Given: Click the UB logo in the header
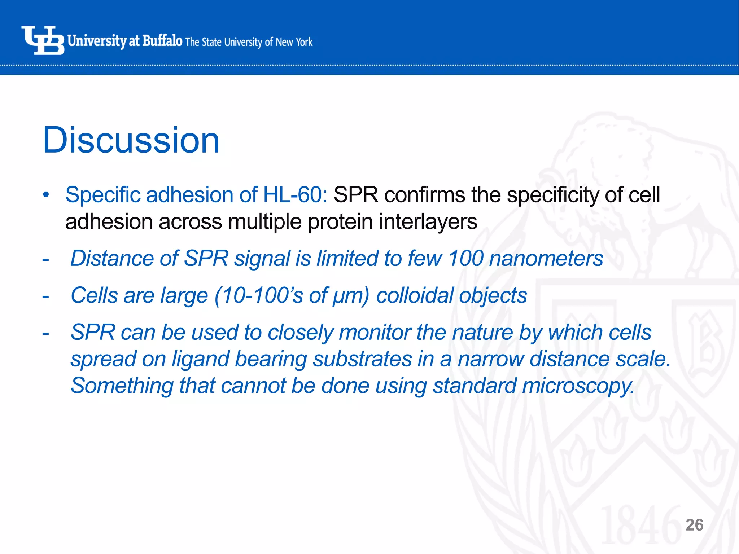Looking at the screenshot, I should [x=43, y=40].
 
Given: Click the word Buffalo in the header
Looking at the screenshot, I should [x=162, y=41].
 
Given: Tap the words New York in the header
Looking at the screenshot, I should [x=294, y=42].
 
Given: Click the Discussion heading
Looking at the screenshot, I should [x=131, y=140].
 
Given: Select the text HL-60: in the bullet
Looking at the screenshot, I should [x=295, y=195].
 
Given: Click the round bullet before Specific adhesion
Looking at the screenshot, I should [x=45, y=195].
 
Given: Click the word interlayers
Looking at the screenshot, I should [x=428, y=221].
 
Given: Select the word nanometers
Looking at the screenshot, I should [x=546, y=259].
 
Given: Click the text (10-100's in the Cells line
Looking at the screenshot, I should [x=259, y=295].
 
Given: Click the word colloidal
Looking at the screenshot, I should [x=415, y=295].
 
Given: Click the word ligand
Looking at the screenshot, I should [x=200, y=360].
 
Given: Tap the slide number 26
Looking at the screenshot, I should [x=694, y=525].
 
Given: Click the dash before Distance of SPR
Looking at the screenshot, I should [x=45, y=259].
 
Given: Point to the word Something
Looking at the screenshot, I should [x=122, y=386].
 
